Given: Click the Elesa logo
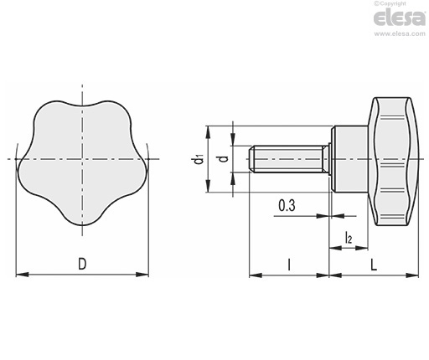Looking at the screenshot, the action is pos(400,18).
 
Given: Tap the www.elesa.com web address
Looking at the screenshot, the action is pos(400,33).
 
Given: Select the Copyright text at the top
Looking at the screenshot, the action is pos(390,3).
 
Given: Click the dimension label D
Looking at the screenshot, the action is pos(82,264).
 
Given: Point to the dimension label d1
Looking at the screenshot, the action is pos(199,160).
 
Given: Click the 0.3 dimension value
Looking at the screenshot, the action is pos(287,206).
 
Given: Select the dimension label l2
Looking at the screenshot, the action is pos(349,238).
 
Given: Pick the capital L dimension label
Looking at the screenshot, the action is pos(374,265).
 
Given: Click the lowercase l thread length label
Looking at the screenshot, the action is pos(289,265).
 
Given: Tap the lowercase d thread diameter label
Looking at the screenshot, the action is pos(224,159).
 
